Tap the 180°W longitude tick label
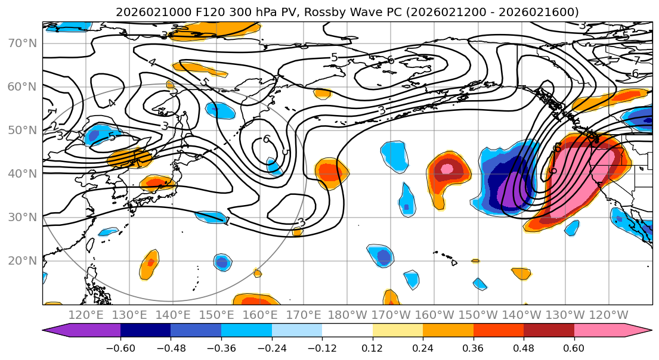(347, 315)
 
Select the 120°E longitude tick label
(86, 315)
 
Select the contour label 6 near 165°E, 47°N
(266, 139)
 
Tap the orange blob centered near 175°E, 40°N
(331, 172)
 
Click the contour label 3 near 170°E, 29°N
(301, 222)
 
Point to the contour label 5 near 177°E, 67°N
(334, 57)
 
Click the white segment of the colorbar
(347, 331)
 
